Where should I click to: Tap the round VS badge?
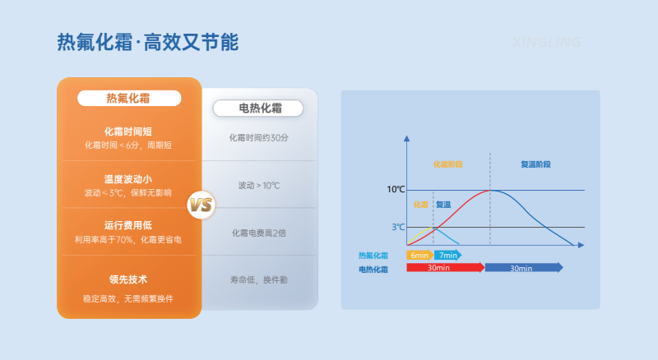tap(202, 205)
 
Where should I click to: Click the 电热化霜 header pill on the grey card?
tap(258, 108)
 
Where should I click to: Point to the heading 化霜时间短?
tap(128, 132)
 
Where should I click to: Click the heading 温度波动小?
tap(128, 179)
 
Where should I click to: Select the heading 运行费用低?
tap(128, 225)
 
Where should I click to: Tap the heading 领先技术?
tap(128, 279)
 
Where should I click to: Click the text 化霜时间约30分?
tap(258, 138)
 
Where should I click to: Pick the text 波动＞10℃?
tap(258, 186)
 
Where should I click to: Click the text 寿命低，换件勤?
tap(258, 280)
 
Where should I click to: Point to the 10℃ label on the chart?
tap(396, 189)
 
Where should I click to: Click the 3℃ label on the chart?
tap(398, 227)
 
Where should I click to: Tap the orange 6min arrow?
tap(419, 255)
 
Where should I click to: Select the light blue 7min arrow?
tap(448, 255)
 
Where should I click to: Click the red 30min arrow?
tap(444, 267)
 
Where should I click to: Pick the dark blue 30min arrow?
tap(523, 267)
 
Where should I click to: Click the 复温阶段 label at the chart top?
tap(535, 164)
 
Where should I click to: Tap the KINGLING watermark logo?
tap(546, 42)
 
